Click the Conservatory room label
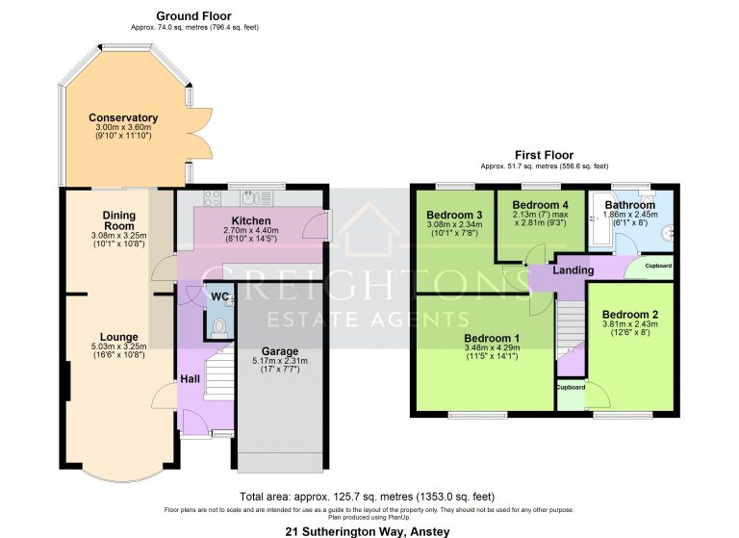[x=123, y=118]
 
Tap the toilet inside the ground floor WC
[x=220, y=326]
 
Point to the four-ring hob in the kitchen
[x=214, y=198]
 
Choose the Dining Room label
[x=119, y=220]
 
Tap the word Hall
[x=190, y=379]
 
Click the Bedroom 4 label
[x=540, y=205]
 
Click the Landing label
[x=573, y=270]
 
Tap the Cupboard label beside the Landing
[x=658, y=266]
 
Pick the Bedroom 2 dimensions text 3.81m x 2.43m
[x=629, y=325]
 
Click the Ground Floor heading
[x=193, y=16]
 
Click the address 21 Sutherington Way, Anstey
[x=368, y=531]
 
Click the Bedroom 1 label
[x=492, y=338]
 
